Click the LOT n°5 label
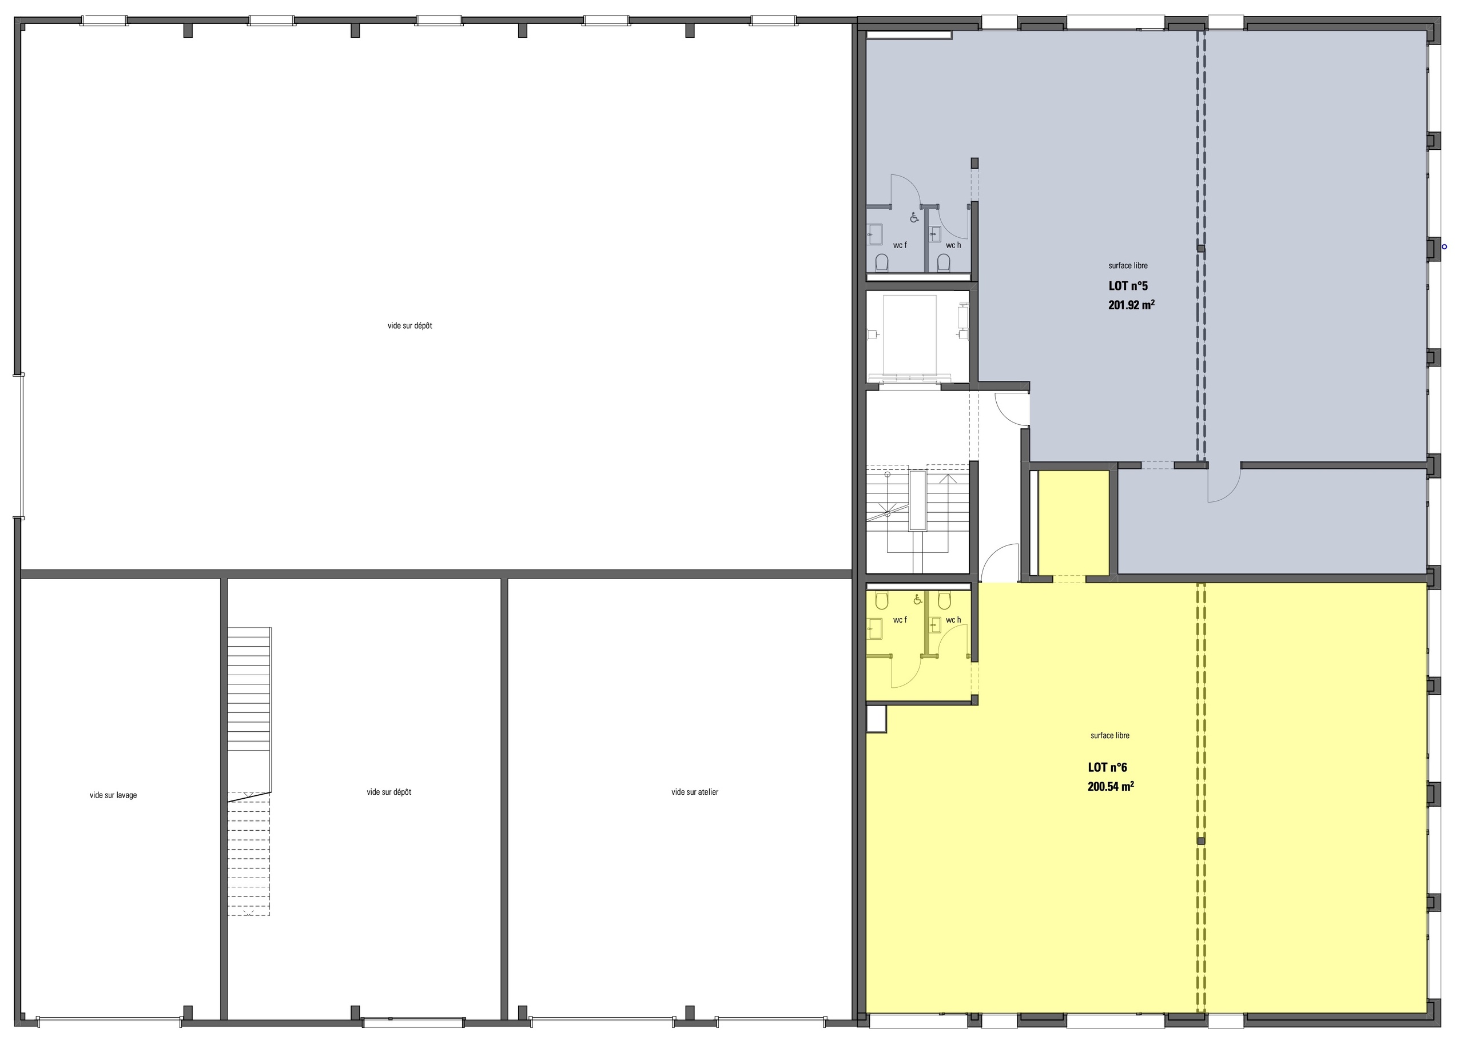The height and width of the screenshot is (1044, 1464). [1128, 286]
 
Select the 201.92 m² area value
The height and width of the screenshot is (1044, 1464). [1131, 305]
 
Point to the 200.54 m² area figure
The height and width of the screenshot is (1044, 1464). [1111, 786]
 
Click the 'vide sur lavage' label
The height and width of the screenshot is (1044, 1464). [113, 795]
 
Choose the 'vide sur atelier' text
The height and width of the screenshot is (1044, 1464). [694, 792]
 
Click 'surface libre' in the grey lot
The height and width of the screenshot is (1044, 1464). [1128, 265]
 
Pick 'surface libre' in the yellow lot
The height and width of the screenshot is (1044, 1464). [1110, 735]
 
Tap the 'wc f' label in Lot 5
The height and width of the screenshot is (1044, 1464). [900, 245]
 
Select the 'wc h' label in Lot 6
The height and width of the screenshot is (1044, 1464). [953, 620]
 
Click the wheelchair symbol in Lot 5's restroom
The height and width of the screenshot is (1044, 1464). [914, 218]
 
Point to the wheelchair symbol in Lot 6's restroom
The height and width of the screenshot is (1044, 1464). [917, 600]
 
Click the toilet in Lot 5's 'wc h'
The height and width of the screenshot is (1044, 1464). [943, 262]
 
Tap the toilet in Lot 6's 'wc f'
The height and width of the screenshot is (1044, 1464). [881, 601]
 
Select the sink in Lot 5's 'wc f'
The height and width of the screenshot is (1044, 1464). [874, 233]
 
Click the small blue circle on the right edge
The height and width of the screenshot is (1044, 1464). [1444, 246]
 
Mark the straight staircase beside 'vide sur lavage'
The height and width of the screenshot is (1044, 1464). [249, 771]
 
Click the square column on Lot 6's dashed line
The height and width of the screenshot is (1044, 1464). [1200, 840]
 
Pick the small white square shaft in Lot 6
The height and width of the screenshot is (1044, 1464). [876, 719]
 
